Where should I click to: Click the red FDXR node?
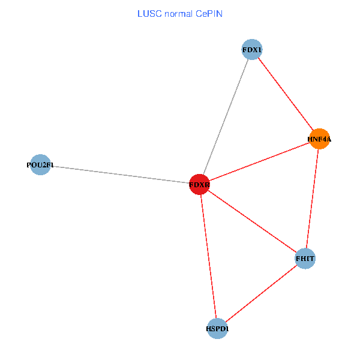[199, 185]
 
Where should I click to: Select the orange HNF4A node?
[319, 139]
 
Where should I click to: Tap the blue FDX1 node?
[253, 49]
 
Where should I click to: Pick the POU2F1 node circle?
[40, 165]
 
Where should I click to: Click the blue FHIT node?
[305, 259]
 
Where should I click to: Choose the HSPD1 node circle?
[217, 328]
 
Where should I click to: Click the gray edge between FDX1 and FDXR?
[226, 116]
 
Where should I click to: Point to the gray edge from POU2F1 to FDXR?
[120, 175]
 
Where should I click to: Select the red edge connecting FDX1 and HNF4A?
[286, 94]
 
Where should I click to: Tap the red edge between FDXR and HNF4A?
[259, 162]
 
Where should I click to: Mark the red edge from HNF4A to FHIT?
[312, 199]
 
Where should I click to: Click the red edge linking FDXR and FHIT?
[252, 221]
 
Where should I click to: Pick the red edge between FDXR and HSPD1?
[208, 257]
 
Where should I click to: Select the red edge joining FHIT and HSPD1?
[261, 293]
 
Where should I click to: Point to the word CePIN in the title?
[209, 13]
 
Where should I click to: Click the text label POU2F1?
[40, 165]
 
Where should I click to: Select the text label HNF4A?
[319, 139]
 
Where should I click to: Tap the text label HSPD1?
[217, 329]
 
